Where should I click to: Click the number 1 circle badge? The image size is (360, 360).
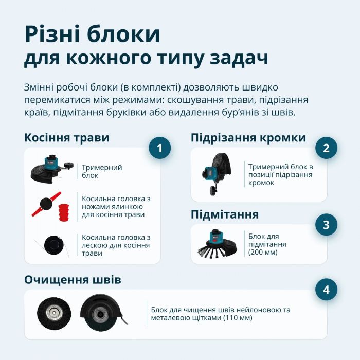pos(159,149)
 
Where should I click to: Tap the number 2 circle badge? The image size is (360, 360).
pos(326,148)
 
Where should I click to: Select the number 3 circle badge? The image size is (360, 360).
pos(326,225)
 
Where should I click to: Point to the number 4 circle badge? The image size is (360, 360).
pos(326,290)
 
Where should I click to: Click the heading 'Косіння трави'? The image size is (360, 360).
pos(66,138)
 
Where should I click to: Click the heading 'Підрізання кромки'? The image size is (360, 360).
pos(248,138)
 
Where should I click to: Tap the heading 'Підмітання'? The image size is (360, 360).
pos(224,214)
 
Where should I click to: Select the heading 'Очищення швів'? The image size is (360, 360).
pos(73,280)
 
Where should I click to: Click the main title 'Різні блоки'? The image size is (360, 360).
pos(92,34)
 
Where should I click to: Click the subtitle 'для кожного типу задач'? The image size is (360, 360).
pos(146,58)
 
